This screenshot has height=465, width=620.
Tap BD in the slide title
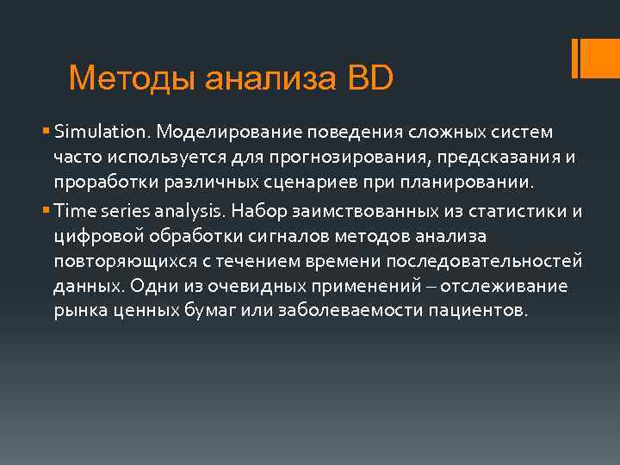(370, 78)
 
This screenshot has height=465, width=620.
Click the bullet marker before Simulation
(45, 133)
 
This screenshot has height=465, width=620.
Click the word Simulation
(102, 133)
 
